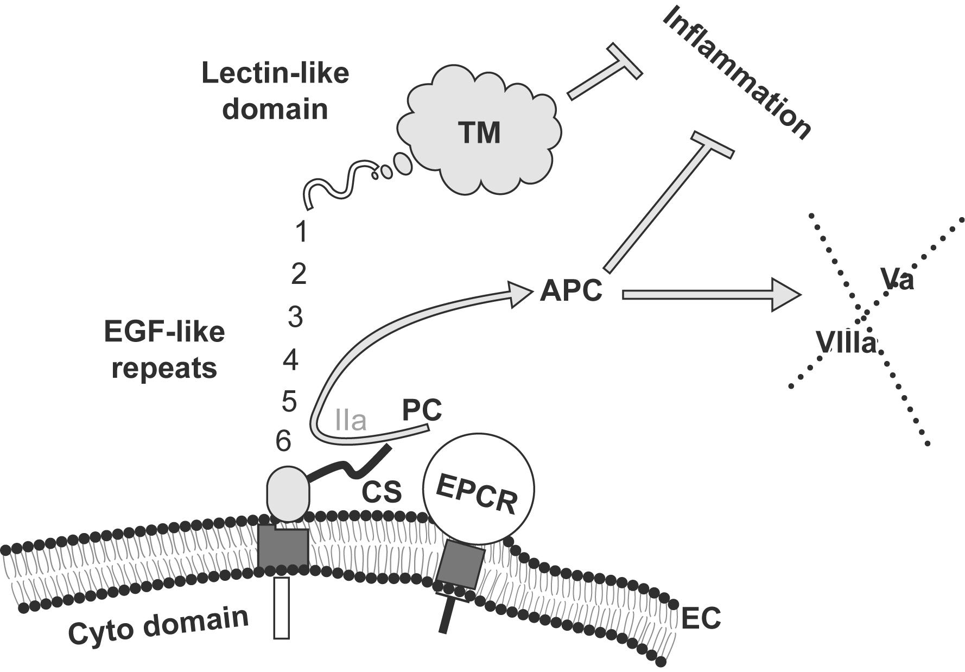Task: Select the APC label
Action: [x=571, y=291]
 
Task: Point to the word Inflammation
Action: [x=737, y=73]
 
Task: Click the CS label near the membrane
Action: [x=382, y=492]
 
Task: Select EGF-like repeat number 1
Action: [x=301, y=232]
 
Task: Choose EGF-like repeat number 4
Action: [x=291, y=360]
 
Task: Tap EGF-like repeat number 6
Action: [x=283, y=441]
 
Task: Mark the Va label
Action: [x=898, y=280]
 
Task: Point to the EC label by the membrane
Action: [x=701, y=618]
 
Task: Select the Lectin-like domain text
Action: [x=275, y=91]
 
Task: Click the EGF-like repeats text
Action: [x=164, y=350]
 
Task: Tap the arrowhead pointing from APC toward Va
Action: [x=785, y=295]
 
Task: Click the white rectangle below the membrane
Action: [x=282, y=607]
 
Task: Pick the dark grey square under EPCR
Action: [x=460, y=567]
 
